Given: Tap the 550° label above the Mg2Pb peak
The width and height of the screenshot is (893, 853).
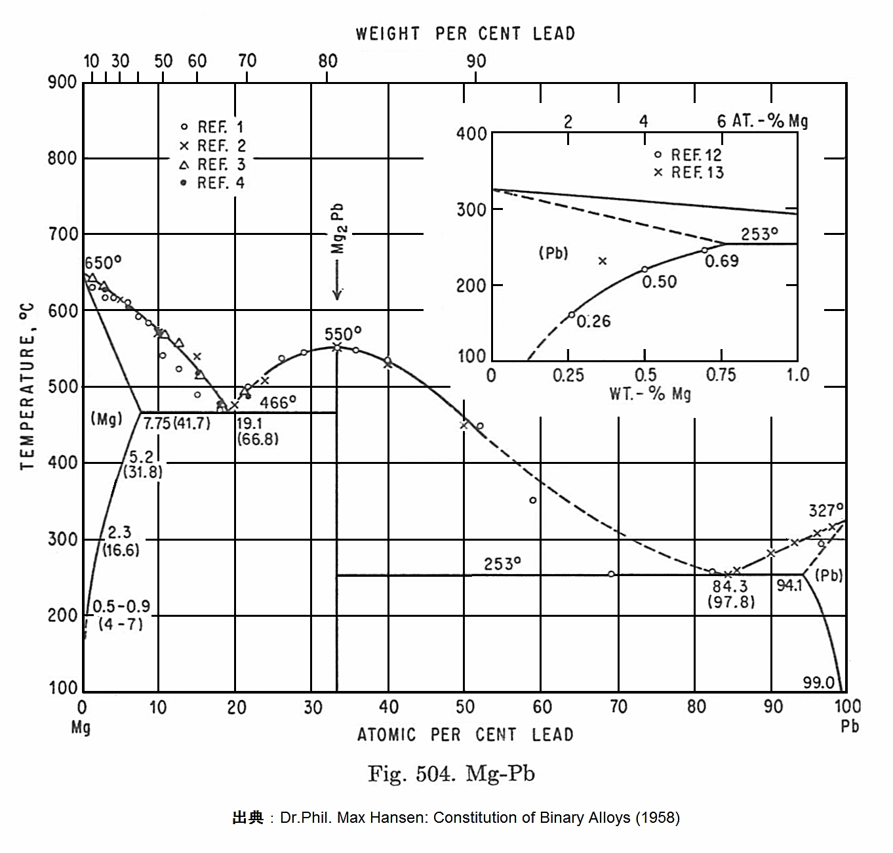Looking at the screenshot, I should [x=343, y=334].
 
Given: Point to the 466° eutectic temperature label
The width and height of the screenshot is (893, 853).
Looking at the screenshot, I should [x=278, y=402].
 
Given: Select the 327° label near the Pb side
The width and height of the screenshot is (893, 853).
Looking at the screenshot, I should [x=825, y=510].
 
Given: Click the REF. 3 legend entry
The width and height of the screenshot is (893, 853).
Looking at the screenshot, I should [x=213, y=164].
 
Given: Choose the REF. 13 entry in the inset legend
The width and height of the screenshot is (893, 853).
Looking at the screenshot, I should [x=689, y=173].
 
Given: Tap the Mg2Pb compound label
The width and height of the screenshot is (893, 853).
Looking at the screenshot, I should [x=338, y=228].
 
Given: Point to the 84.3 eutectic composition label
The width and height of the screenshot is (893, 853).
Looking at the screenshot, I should [x=730, y=586].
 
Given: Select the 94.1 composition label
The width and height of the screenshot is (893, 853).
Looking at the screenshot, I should [x=789, y=585].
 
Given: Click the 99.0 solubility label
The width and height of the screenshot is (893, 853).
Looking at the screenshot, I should [x=818, y=682].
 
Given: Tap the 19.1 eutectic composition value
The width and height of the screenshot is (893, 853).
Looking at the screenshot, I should [x=249, y=424].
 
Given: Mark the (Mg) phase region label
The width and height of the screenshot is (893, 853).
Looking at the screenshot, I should [x=106, y=419].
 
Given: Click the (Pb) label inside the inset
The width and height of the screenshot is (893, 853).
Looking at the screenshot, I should [x=553, y=253].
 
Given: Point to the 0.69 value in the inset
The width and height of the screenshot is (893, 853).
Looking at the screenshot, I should [x=722, y=261].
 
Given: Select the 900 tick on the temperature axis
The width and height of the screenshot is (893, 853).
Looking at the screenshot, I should [x=62, y=83].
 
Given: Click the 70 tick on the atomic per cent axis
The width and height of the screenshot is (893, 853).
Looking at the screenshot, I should [x=618, y=707].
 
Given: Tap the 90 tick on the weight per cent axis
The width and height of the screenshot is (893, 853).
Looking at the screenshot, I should [x=476, y=61].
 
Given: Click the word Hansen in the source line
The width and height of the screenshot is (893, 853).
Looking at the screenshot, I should [x=406, y=818].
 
